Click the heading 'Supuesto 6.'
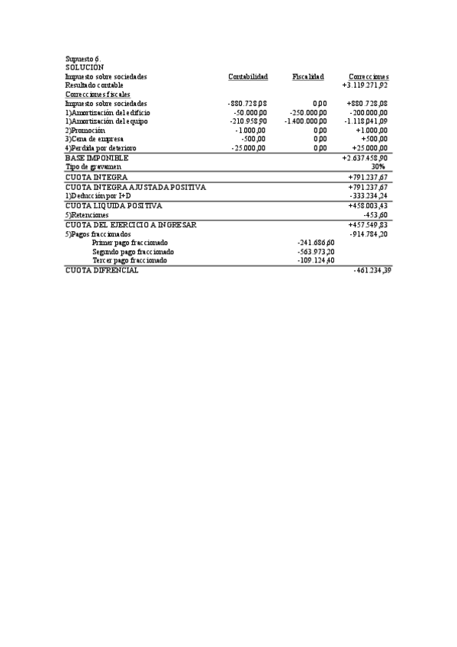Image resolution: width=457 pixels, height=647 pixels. [82, 59]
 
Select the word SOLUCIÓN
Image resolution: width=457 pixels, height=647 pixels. [84, 68]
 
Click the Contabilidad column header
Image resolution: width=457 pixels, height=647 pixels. [248, 76]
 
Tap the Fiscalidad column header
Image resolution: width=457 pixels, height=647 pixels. [308, 76]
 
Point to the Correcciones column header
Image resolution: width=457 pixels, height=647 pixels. [368, 76]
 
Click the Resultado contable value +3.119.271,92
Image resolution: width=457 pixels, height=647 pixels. [365, 85]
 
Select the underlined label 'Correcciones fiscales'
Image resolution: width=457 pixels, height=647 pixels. [97, 94]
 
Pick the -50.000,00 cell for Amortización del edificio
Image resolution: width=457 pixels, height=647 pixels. [249, 112]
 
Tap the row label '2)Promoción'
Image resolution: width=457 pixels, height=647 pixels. [85, 130]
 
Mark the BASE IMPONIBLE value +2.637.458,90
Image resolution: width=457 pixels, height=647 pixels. [365, 157]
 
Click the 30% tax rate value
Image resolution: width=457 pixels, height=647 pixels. [379, 166]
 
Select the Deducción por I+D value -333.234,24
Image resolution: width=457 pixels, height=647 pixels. [368, 195]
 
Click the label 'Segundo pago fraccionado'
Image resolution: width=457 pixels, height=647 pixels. [133, 251]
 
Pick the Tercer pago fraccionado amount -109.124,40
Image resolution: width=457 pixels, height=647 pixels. [315, 260]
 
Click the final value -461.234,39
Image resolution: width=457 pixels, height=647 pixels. [372, 271]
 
